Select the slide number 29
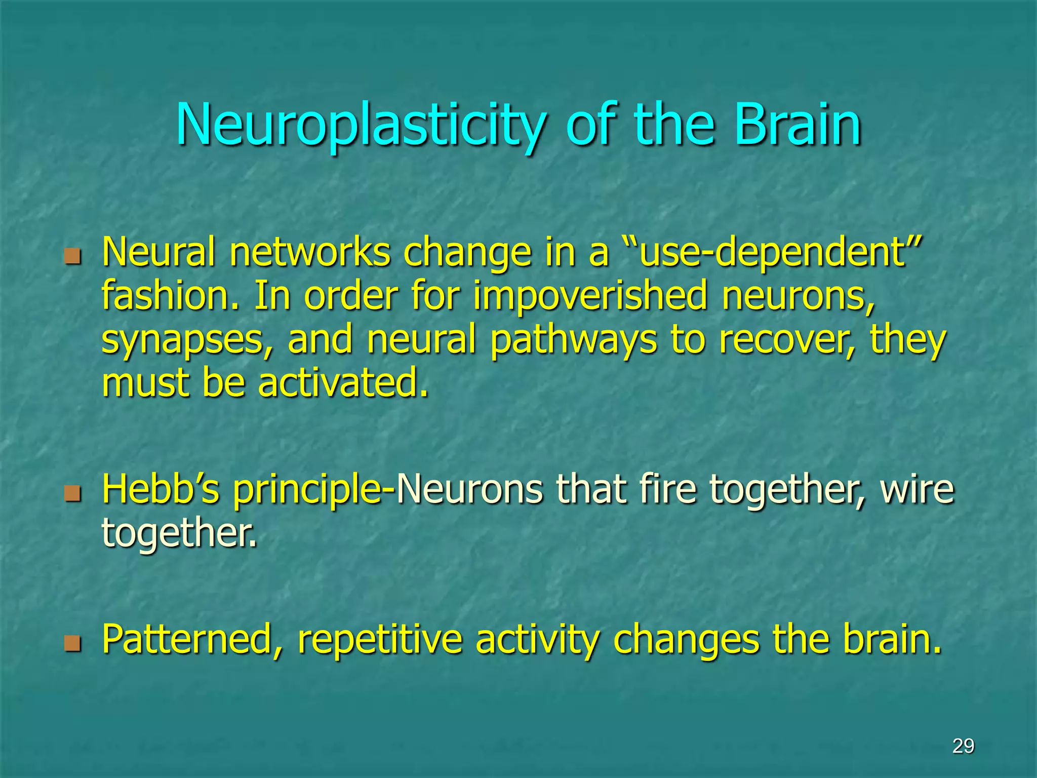[963, 746]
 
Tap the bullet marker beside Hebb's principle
[73, 492]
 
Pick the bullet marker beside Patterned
[73, 643]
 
